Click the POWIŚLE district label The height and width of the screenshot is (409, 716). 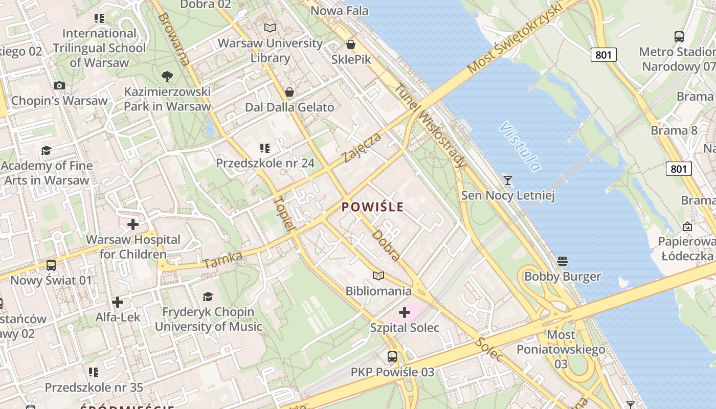point(372,207)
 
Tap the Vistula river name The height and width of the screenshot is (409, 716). point(520,146)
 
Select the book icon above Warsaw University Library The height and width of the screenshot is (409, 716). point(270,28)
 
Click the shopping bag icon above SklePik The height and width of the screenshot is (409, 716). point(351,44)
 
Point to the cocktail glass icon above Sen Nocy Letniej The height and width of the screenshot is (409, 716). point(507,180)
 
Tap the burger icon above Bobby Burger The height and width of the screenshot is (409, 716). point(563,261)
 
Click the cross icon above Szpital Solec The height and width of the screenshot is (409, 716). point(405,312)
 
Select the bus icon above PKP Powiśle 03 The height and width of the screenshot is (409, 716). point(392,357)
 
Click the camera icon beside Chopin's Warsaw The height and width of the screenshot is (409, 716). point(59,85)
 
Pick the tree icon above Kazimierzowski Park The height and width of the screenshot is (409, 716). point(167,77)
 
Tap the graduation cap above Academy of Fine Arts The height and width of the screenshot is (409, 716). point(47,150)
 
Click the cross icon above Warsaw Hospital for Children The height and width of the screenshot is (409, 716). point(133,224)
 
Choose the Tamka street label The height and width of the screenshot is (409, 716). point(222,260)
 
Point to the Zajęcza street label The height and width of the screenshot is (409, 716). point(362,147)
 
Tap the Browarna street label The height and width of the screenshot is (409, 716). point(174,39)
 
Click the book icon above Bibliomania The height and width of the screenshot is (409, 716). point(378,276)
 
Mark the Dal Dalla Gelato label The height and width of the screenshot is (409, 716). point(289,107)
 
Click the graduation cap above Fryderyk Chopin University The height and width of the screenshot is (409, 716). point(208,297)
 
